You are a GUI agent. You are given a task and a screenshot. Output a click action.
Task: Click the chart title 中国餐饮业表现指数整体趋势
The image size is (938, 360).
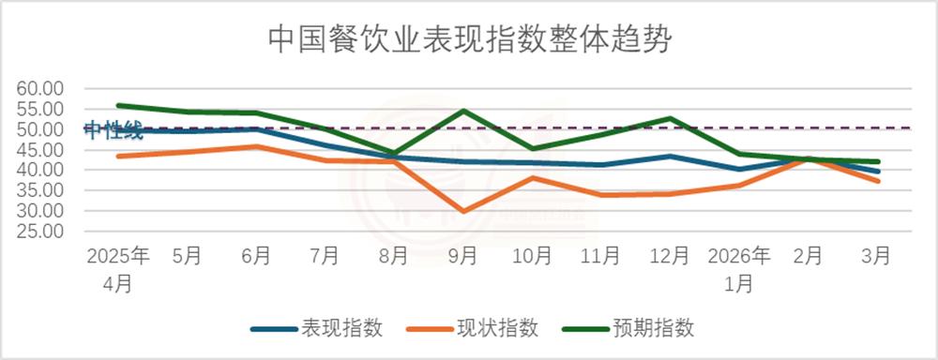(x=469, y=40)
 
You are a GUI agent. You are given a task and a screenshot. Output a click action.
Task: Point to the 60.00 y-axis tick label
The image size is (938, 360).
(x=39, y=88)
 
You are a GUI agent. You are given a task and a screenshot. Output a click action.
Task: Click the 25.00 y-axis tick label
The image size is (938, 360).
(x=39, y=232)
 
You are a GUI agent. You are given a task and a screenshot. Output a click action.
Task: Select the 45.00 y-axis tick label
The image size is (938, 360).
(x=39, y=150)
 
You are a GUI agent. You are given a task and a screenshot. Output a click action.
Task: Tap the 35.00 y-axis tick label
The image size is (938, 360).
(x=39, y=190)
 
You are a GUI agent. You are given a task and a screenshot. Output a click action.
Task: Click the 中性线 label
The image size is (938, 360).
(x=113, y=130)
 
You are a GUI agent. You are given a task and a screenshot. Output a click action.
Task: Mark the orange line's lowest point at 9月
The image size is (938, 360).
(x=463, y=212)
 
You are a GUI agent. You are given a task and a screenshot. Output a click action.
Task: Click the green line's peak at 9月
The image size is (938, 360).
(x=463, y=111)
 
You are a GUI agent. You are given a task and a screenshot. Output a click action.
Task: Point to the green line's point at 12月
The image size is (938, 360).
(x=671, y=118)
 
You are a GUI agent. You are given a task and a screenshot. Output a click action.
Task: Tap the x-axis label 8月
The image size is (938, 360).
(x=394, y=256)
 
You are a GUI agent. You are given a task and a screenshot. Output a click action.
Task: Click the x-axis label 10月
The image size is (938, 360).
(x=532, y=256)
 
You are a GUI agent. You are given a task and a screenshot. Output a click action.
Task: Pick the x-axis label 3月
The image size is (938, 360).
(x=877, y=256)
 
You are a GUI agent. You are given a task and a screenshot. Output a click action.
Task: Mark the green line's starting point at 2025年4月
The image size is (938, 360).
(x=117, y=105)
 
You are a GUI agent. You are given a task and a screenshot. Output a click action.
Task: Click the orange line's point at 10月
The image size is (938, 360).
(x=532, y=177)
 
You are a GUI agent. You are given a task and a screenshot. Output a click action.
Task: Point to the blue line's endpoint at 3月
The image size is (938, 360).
(x=877, y=172)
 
